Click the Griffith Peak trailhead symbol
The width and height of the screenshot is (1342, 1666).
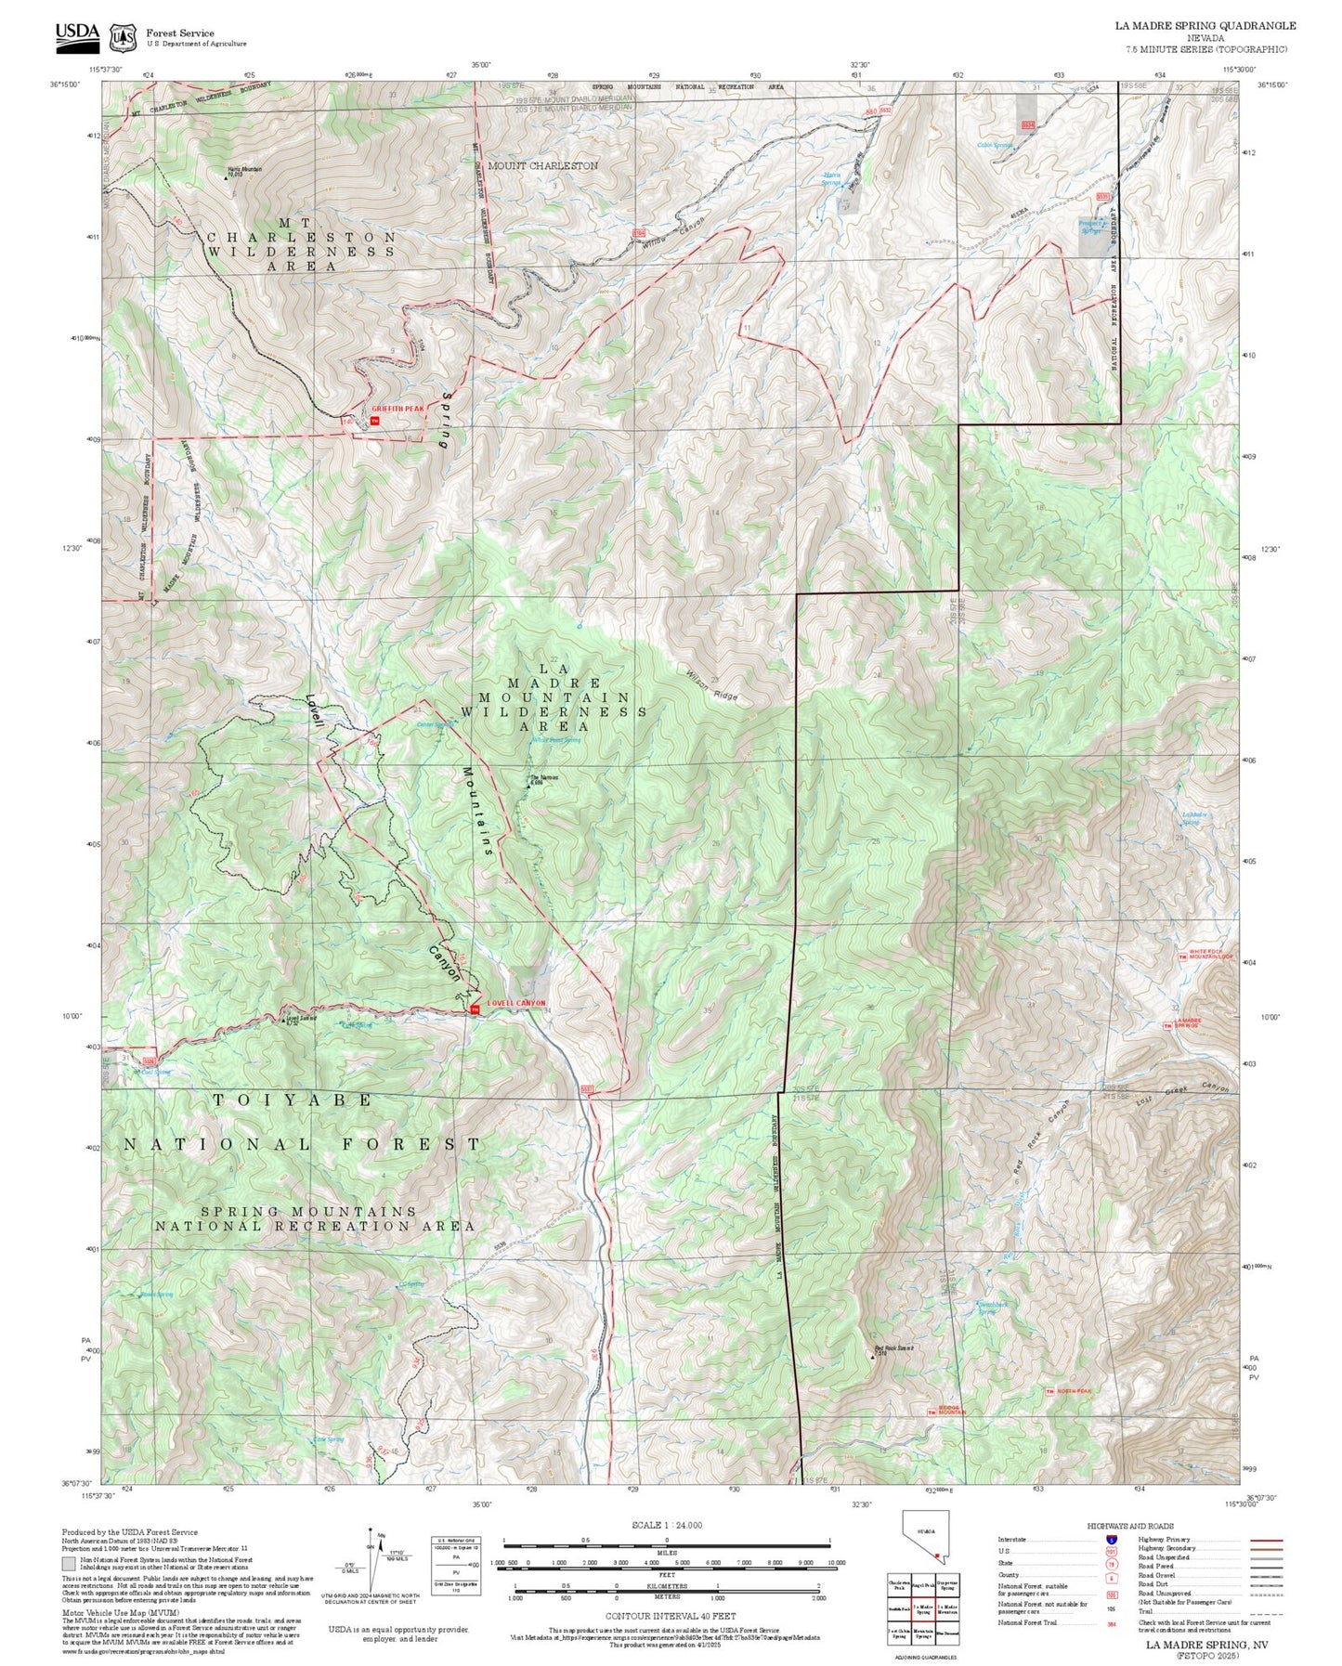point(375,420)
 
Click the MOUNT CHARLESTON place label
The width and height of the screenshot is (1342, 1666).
point(542,165)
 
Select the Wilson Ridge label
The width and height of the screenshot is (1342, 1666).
point(712,685)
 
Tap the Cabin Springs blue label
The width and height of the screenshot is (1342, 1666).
point(994,145)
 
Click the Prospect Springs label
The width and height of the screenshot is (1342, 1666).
point(1091,226)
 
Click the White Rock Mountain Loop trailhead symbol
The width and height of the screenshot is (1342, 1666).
point(1182,957)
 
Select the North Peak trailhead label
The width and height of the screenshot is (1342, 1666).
point(1075,1391)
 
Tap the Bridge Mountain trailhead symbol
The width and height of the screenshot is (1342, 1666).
point(932,1412)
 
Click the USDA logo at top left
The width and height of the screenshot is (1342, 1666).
point(77,33)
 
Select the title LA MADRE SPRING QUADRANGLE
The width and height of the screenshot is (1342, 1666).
point(1205,26)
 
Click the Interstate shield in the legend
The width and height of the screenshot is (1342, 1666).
point(1112,1539)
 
